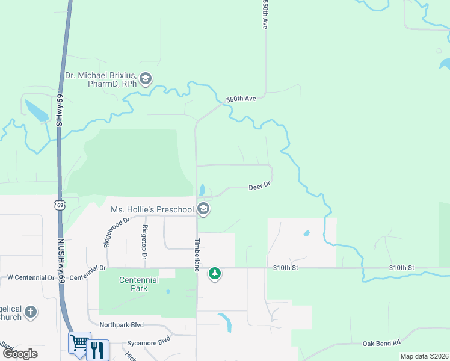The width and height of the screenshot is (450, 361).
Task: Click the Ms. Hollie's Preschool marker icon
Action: pyautogui.click(x=203, y=209)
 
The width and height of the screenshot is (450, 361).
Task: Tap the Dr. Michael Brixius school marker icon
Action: pyautogui.click(x=145, y=78)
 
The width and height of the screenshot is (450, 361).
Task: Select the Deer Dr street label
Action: pyautogui.click(x=260, y=187)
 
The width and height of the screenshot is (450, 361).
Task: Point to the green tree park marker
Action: pyautogui.click(x=214, y=274)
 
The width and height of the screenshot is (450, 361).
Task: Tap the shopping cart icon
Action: pyautogui.click(x=79, y=343)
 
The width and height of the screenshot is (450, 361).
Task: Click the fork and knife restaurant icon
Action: pyautogui.click(x=97, y=349)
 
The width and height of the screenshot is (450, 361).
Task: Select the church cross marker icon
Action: pyautogui.click(x=31, y=312)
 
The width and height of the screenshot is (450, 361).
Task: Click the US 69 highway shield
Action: pyautogui.click(x=59, y=205)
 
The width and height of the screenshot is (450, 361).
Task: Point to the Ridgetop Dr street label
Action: pyautogui.click(x=144, y=241)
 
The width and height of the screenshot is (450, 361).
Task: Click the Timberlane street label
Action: pyautogui.click(x=196, y=254)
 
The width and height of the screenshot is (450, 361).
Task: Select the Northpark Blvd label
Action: pyautogui.click(x=122, y=325)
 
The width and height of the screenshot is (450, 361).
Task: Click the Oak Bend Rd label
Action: pyautogui.click(x=381, y=343)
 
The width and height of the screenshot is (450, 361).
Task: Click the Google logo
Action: pyautogui.click(x=20, y=353)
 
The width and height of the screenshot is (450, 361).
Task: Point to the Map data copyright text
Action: pyautogui.click(x=424, y=356)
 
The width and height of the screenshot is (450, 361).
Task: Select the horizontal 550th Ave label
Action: pyautogui.click(x=241, y=98)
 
